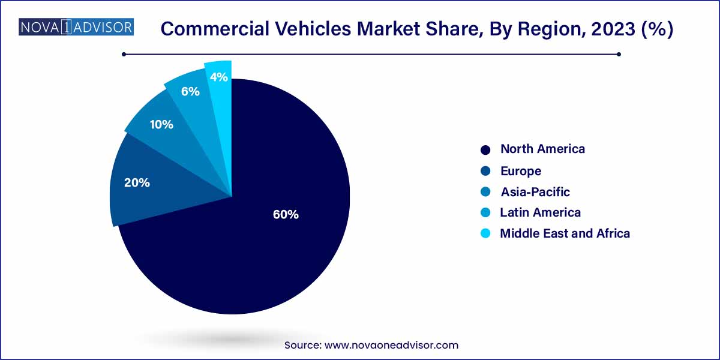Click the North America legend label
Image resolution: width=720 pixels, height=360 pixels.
(x=542, y=149)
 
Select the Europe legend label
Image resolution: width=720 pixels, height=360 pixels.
(x=521, y=171)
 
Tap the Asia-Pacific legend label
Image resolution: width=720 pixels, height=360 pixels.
(x=535, y=192)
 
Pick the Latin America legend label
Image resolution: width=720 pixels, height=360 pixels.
(x=540, y=212)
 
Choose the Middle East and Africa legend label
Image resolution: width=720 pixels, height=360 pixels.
(x=565, y=233)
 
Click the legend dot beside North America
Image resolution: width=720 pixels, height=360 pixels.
(x=486, y=149)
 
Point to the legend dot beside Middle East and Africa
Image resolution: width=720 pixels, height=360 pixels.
(x=486, y=233)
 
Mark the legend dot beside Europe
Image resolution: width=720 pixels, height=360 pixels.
(x=486, y=171)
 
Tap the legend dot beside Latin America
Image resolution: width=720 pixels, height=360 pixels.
(x=486, y=212)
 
